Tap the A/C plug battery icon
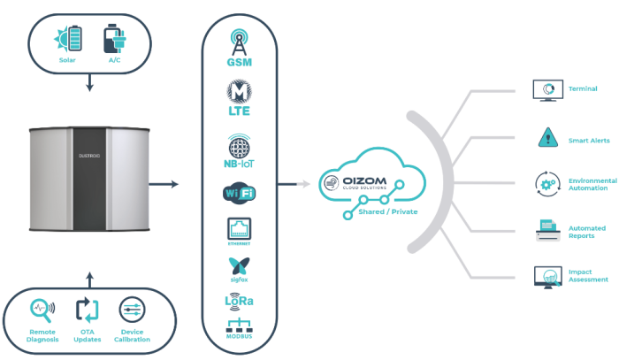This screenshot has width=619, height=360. click(x=114, y=40)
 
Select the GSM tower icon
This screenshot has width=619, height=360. click(x=240, y=41)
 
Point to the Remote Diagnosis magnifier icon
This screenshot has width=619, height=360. click(x=42, y=310)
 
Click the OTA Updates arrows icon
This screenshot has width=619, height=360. click(x=87, y=310)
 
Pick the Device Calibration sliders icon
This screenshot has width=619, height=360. click(x=132, y=310)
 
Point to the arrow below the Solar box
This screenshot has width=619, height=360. click(x=89, y=84)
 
